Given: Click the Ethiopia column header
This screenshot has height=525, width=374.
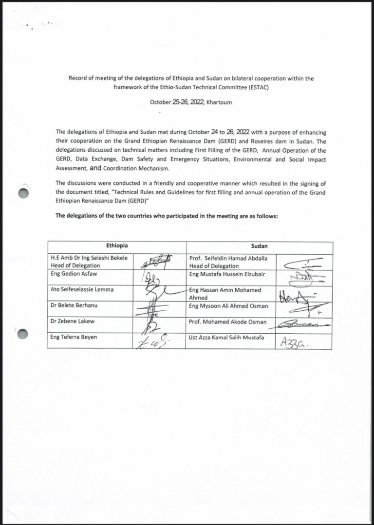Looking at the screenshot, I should pyautogui.click(x=117, y=246).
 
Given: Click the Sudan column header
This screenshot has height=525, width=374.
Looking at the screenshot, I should pyautogui.click(x=259, y=246).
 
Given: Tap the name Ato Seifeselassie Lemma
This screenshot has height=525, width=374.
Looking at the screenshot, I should pyautogui.click(x=82, y=289).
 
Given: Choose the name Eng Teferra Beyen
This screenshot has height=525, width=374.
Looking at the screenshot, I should pyautogui.click(x=74, y=337).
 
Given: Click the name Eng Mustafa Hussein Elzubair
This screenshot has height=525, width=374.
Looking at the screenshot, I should pyautogui.click(x=227, y=274).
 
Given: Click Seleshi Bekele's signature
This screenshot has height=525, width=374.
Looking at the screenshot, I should pyautogui.click(x=157, y=262).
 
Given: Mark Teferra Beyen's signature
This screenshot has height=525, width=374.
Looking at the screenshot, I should pyautogui.click(x=153, y=342).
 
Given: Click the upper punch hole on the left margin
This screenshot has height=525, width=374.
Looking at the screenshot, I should pyautogui.click(x=23, y=193).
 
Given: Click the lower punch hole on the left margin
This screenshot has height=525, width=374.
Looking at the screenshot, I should pyautogui.click(x=23, y=334).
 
